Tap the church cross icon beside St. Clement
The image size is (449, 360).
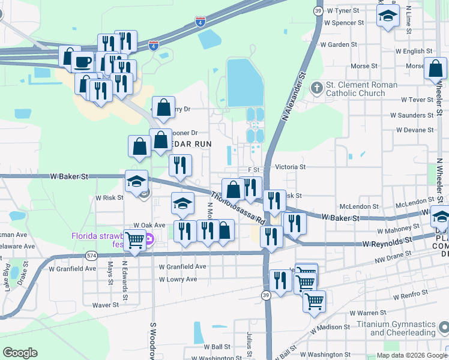point(317,89)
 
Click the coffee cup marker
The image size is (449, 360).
point(82,61)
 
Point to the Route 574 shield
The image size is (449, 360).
point(91,254)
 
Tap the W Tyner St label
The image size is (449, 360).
point(339,11)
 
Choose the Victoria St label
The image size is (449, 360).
point(290,167)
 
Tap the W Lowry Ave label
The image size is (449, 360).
point(178,280)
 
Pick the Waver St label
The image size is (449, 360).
point(105,305)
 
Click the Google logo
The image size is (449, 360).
point(20,353)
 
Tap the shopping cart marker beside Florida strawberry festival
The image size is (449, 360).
point(135,241)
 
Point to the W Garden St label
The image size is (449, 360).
point(338,44)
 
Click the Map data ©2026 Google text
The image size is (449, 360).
point(411,356)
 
